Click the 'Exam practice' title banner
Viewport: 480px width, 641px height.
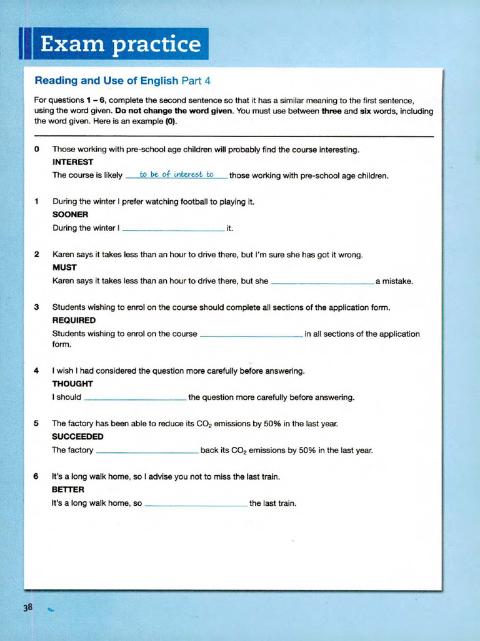click(119, 44)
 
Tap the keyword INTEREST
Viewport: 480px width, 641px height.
click(72, 162)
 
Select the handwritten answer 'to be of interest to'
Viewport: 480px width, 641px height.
click(176, 175)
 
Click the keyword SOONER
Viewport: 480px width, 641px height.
click(70, 215)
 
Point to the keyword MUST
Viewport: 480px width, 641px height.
click(64, 267)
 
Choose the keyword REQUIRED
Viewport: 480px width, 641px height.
click(74, 320)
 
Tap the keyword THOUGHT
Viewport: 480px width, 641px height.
click(72, 384)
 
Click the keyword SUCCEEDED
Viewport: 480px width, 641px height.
click(77, 436)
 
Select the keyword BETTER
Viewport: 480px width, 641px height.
click(67, 490)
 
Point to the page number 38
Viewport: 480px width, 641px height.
click(28, 607)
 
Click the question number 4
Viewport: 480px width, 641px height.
click(37, 371)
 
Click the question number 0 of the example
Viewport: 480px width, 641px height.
click(37, 150)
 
